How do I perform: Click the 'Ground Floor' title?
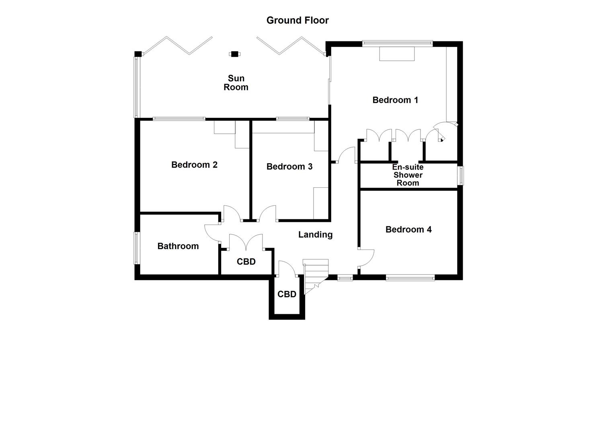[x=297, y=20]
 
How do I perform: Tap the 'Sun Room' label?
[x=236, y=83]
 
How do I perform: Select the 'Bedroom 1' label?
[x=395, y=100]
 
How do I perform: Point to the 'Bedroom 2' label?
[x=194, y=165]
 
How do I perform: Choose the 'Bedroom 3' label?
[x=289, y=166]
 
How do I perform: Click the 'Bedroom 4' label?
[x=408, y=229]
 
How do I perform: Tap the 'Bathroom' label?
[x=178, y=246]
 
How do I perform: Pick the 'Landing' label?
[x=315, y=235]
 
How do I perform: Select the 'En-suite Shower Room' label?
[x=408, y=175]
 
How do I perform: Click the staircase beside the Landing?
[x=315, y=275]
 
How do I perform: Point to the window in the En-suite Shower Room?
[x=462, y=176]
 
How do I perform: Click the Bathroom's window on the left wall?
[x=137, y=248]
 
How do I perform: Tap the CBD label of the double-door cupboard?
[x=246, y=262]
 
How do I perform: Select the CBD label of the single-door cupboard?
[x=287, y=294]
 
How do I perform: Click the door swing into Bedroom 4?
[x=367, y=257]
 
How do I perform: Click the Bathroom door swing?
[x=212, y=232]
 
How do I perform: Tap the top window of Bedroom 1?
[x=397, y=42]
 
